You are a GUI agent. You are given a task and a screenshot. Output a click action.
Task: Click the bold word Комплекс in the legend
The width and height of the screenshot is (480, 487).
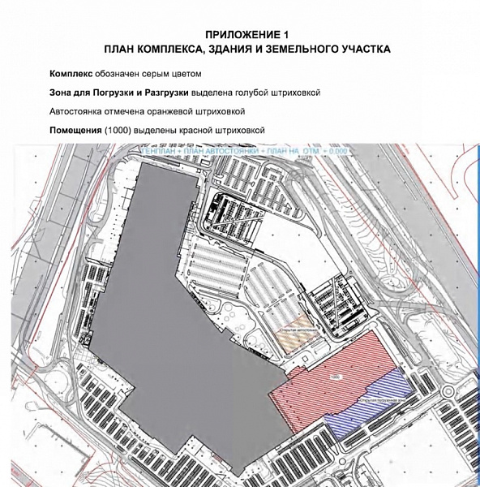click(x=74, y=74)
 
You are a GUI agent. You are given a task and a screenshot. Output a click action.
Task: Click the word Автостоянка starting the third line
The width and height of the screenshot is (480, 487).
click(x=77, y=111)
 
